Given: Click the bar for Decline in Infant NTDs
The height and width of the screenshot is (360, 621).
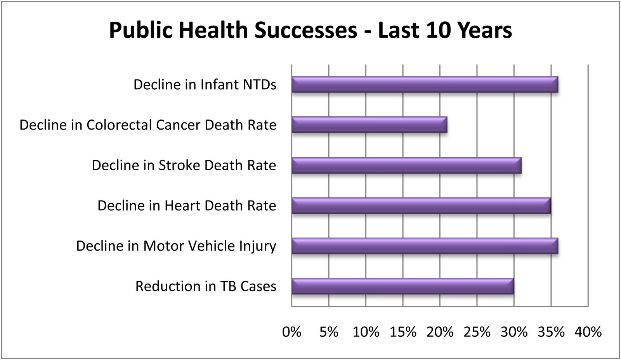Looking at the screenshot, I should [425, 84].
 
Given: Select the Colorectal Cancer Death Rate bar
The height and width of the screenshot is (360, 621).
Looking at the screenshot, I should [369, 125].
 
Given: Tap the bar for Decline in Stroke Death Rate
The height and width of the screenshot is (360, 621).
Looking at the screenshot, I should [406, 165].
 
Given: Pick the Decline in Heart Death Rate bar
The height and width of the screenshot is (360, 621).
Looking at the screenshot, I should [421, 205].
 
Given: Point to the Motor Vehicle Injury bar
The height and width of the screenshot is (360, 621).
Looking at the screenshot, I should [425, 246].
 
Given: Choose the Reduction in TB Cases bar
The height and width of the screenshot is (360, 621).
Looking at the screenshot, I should [403, 286].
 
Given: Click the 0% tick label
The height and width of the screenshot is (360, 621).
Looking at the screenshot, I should [292, 332].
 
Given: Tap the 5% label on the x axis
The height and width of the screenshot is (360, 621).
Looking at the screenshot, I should [329, 332].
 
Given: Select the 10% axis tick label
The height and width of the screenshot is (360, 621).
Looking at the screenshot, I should [366, 332].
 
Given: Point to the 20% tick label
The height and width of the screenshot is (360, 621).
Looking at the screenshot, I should [440, 332].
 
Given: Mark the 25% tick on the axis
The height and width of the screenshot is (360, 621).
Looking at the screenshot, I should [477, 332].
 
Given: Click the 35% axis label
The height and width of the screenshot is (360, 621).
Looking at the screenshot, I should [551, 332].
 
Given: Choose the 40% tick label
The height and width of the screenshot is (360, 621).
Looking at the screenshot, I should [588, 332].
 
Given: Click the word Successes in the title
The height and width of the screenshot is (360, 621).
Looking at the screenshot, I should [306, 30].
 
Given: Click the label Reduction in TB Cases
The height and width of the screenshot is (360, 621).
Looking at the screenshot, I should [206, 286].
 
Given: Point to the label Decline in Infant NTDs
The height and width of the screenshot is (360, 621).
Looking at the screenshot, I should [205, 85].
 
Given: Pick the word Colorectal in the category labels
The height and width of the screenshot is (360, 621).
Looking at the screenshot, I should [119, 125].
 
